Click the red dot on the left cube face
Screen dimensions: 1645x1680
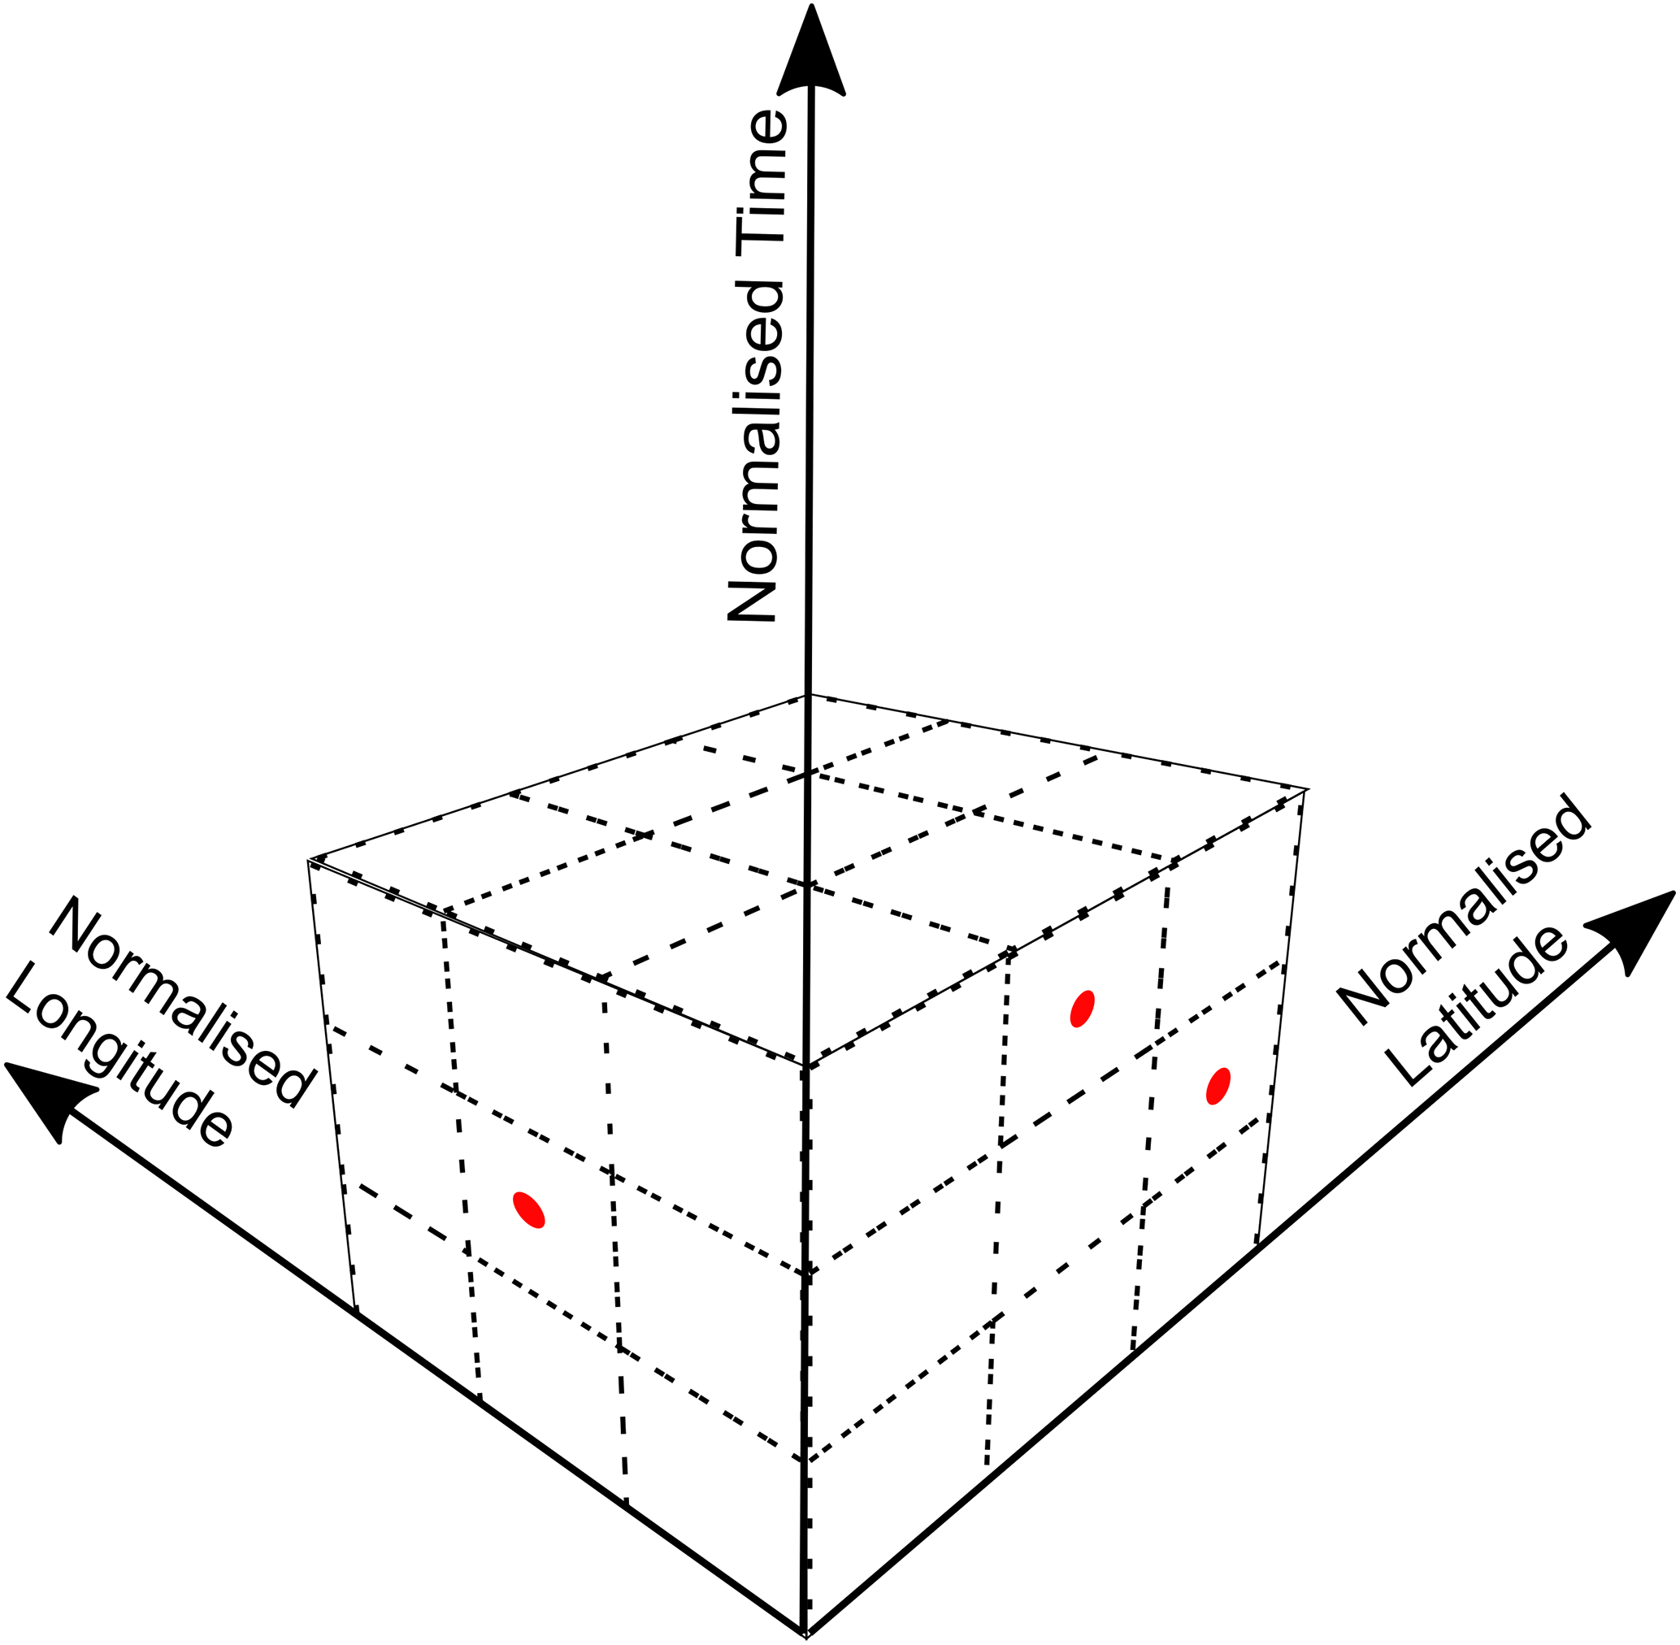528,1209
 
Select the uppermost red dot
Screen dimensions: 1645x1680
1082,1009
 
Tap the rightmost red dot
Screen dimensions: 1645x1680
1218,1086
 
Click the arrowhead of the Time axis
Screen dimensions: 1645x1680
810,52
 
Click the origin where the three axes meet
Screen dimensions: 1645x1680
805,1631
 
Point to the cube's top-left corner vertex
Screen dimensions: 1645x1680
310,860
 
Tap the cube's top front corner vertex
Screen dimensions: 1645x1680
806,1067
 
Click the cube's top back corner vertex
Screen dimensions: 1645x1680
807,696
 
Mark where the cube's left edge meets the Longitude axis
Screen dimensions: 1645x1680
355,1313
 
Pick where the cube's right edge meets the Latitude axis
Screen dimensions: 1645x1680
1257,1245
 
